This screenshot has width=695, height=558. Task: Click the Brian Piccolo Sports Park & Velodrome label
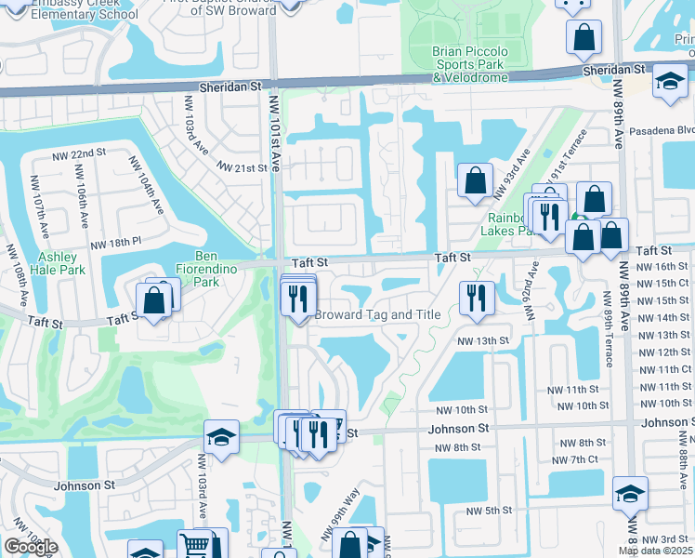[468, 64]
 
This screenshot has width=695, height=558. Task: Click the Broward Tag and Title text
[377, 314]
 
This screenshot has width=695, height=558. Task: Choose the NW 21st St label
[243, 167]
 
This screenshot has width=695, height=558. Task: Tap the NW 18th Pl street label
[115, 243]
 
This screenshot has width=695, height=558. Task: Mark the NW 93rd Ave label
[510, 173]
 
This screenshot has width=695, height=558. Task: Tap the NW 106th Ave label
[82, 204]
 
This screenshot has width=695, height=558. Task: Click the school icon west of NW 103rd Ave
[221, 438]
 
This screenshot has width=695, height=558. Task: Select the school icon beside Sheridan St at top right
[670, 81]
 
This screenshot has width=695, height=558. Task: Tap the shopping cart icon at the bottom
[195, 545]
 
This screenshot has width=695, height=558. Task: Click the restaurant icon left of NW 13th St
[476, 297]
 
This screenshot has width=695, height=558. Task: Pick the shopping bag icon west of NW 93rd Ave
[475, 180]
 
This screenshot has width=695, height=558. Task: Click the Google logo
[31, 547]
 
